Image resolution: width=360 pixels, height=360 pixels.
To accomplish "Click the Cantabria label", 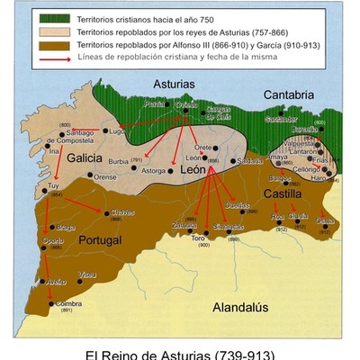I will [x=288, y=94].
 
